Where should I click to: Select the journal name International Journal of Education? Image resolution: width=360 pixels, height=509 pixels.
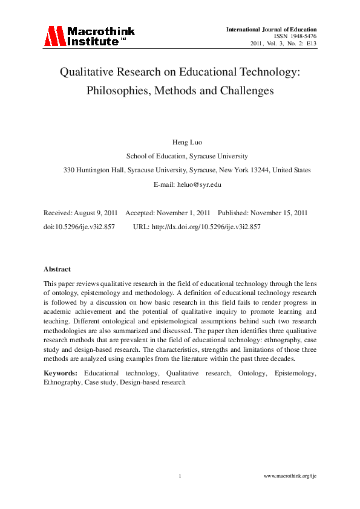pyautogui.click(x=271, y=29)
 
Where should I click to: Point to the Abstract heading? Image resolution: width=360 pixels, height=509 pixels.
pyautogui.click(x=57, y=269)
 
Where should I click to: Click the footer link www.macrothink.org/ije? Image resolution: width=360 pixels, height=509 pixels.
pyautogui.click(x=290, y=477)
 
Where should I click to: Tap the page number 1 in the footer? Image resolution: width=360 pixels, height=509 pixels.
pyautogui.click(x=180, y=477)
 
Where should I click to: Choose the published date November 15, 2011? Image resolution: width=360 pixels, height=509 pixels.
pyautogui.click(x=280, y=213)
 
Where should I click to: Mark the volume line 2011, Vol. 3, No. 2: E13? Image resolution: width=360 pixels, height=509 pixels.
pyautogui.click(x=284, y=44)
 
